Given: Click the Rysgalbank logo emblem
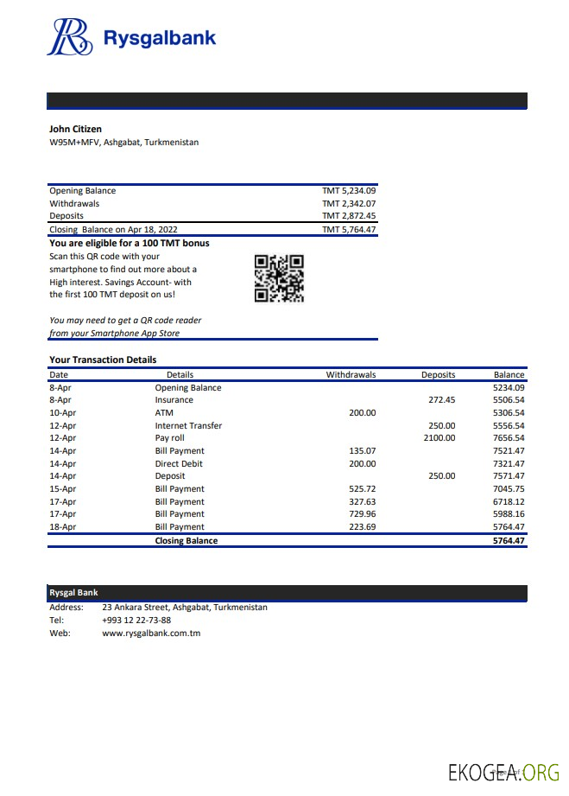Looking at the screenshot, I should pos(70,37).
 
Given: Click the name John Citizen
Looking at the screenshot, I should pos(75,129).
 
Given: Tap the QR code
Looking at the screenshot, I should pos(279,278).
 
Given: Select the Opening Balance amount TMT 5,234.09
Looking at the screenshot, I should pos(349,191).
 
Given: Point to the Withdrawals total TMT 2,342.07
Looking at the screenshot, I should pos(349,204).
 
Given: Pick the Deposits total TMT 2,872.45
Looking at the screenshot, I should pos(349,216).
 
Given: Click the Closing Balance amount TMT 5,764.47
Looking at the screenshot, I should pos(349,229).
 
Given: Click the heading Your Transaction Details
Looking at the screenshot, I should pos(103,360).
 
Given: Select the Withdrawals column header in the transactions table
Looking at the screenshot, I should pos(351,375).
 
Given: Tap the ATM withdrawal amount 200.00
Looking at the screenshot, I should pos(362,413).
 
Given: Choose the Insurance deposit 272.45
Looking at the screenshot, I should pos(441,400).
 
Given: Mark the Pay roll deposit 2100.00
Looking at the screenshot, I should pos(439,438).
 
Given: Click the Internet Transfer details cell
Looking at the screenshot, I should pos(188,425).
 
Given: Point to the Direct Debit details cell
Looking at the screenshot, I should pos(180,463).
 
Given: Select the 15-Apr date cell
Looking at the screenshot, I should pos(62,488).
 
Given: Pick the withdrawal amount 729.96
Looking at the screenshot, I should pos(362,513).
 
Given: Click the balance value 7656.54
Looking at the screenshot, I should pos(509,438).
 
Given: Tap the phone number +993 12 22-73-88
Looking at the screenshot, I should pos(136,620).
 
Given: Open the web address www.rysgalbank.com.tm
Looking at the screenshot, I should pos(151,633).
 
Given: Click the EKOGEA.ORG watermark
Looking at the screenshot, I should pos(503,772).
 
